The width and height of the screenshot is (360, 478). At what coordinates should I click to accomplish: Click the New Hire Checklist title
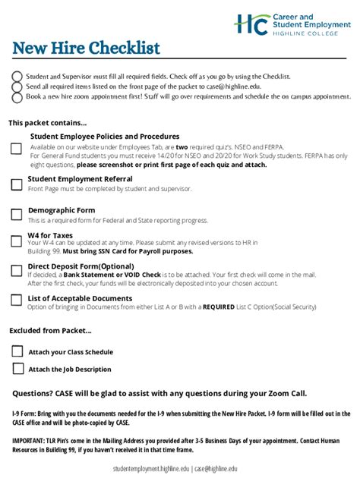tap(86, 49)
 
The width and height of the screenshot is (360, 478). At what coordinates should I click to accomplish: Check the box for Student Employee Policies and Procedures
tap(16, 149)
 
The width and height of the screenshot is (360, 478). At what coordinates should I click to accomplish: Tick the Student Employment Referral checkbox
tap(16, 184)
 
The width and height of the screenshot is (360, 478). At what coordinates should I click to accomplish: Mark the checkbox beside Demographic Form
tap(16, 214)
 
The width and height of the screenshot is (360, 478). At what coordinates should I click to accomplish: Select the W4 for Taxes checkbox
tap(16, 241)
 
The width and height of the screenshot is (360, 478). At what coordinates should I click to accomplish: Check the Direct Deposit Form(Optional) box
tap(16, 271)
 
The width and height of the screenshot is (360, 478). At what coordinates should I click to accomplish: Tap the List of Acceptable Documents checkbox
tap(16, 300)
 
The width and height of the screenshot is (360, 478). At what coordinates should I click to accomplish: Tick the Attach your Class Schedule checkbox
tap(18, 351)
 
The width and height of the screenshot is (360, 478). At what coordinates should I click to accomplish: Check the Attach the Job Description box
tap(18, 369)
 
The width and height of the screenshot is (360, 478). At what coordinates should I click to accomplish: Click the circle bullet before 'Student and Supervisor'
tap(17, 77)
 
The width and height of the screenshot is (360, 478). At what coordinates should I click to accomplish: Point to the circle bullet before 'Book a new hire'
tap(17, 96)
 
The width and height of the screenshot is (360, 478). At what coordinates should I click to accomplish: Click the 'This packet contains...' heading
tap(47, 122)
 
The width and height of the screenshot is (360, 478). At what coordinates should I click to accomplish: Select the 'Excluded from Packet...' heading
tap(49, 330)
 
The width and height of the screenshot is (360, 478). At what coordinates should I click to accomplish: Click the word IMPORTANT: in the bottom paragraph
tap(30, 440)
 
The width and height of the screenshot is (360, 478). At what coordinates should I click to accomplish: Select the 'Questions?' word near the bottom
tap(33, 393)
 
